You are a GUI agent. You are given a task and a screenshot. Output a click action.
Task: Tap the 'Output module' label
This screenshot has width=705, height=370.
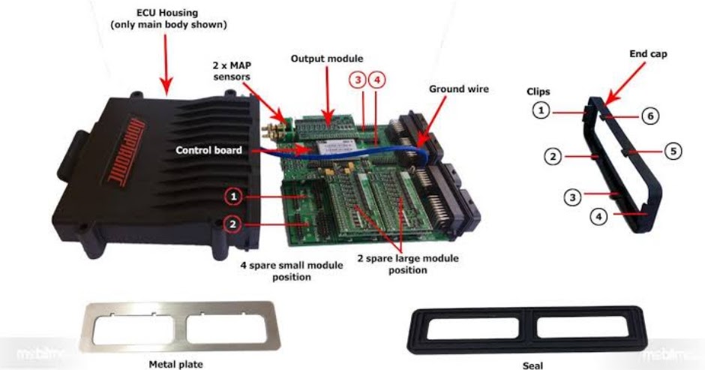pos(326,59)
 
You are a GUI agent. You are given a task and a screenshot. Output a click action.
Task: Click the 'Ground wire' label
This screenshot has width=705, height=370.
pos(458,89)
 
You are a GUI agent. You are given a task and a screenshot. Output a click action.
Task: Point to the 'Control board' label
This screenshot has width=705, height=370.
pos(208,150)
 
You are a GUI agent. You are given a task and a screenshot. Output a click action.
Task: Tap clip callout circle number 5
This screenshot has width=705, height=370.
pos(673,151)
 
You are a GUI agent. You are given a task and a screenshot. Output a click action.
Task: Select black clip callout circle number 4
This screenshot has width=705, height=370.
pos(598,217)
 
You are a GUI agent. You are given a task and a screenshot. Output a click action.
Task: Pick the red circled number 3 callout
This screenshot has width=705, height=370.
pos(358,78)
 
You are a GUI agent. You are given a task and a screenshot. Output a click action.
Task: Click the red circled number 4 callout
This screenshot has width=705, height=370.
pos(377,78)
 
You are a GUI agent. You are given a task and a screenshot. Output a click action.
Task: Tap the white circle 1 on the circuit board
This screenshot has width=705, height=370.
pos(235,197)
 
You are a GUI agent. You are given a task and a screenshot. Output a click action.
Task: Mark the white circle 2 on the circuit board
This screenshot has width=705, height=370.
pos(235,224)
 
